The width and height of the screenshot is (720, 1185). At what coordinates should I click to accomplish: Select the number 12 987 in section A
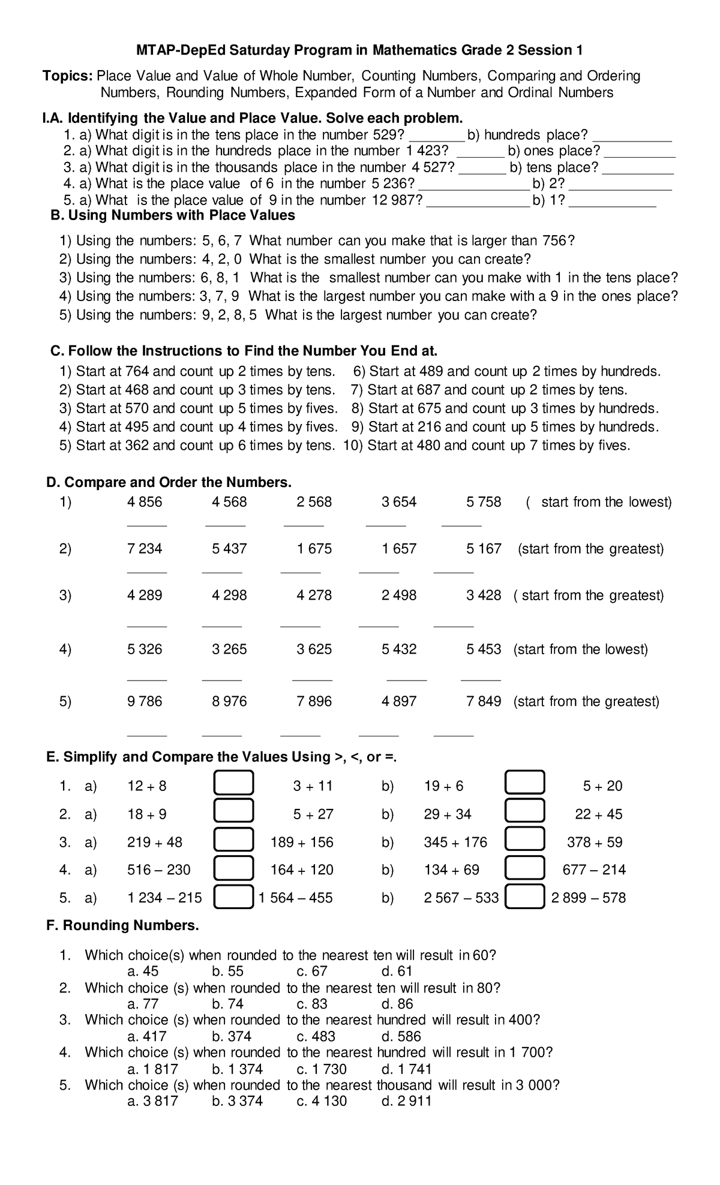[x=393, y=200]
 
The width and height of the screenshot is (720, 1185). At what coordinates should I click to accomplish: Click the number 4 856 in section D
[x=145, y=502]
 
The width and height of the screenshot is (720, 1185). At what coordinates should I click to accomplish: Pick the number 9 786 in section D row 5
[x=145, y=701]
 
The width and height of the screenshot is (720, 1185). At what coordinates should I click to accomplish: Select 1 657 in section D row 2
[x=399, y=549]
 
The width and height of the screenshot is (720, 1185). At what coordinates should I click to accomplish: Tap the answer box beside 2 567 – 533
[x=525, y=898]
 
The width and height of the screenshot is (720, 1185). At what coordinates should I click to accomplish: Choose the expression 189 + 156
[x=302, y=842]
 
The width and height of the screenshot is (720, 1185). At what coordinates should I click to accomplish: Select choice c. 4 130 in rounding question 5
[x=322, y=1100]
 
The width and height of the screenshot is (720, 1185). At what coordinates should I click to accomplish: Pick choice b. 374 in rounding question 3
[x=232, y=1036]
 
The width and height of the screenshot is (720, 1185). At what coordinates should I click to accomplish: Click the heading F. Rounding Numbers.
[x=122, y=925]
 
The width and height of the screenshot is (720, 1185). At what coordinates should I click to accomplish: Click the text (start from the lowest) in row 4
[x=580, y=649]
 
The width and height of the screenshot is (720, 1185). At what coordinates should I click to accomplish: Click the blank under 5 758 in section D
[x=461, y=524]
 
